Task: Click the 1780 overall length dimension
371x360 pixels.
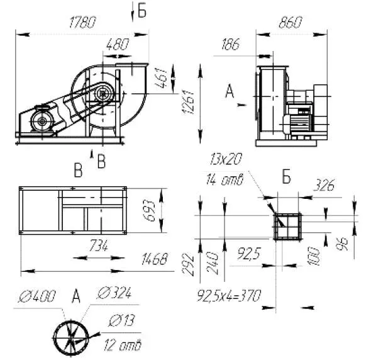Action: pos(82,22)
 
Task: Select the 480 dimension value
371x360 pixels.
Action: pos(118,44)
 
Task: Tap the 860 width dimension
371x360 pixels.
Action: pos(291,22)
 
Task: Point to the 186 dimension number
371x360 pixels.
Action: pos(230,44)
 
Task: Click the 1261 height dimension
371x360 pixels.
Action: pos(188,102)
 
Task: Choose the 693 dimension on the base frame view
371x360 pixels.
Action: pos(149,210)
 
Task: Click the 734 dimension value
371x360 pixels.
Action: pos(99,245)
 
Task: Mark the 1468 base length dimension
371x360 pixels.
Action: pos(154,259)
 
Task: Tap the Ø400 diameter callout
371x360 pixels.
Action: pos(37,296)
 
